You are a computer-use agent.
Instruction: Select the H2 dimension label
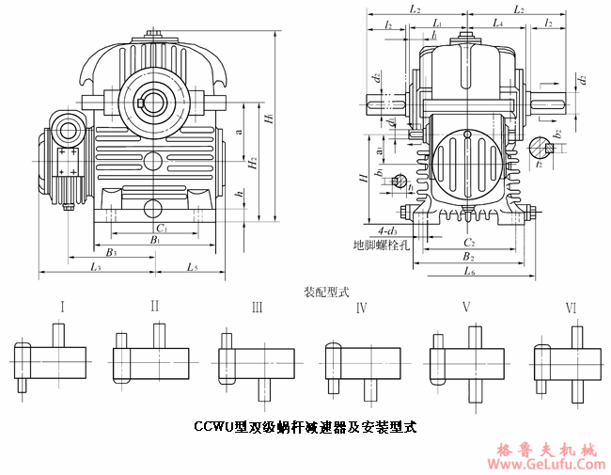[x=252, y=163]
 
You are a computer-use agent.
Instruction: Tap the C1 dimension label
[x=161, y=228]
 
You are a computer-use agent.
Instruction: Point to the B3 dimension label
[x=111, y=252]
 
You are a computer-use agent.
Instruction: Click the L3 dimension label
[x=96, y=268]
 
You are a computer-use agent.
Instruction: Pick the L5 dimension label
[x=192, y=268]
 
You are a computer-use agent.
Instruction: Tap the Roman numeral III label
[x=257, y=307]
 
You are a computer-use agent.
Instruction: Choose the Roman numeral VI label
[x=571, y=307]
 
